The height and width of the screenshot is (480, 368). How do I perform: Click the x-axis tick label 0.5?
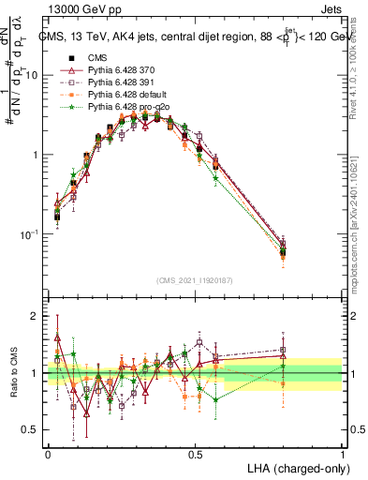coord(195,453)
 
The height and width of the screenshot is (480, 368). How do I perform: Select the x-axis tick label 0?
coord(48,453)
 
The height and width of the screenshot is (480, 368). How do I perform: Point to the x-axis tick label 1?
coord(342,453)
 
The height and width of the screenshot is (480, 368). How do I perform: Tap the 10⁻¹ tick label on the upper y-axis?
coord(32,234)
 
